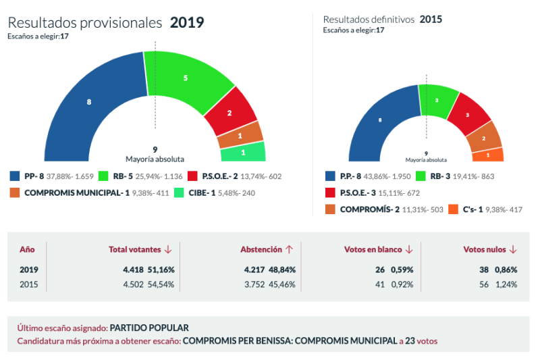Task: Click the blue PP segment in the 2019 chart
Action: [x=88, y=103]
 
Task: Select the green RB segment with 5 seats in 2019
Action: [x=186, y=78]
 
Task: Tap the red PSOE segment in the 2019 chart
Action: [x=230, y=113]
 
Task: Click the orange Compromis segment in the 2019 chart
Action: [x=240, y=136]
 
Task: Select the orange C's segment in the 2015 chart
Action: [x=491, y=155]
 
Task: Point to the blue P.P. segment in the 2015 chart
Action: [x=380, y=120]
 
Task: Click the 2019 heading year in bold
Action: [x=186, y=23]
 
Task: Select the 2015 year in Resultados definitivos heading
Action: [x=431, y=19]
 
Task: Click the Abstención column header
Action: [x=261, y=249]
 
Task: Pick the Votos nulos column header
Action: [x=484, y=249]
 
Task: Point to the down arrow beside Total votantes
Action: [x=167, y=250]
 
